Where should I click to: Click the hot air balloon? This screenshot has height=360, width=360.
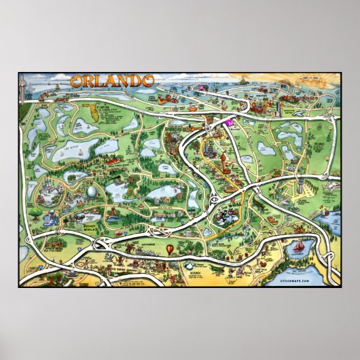pyautogui.click(x=169, y=252)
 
